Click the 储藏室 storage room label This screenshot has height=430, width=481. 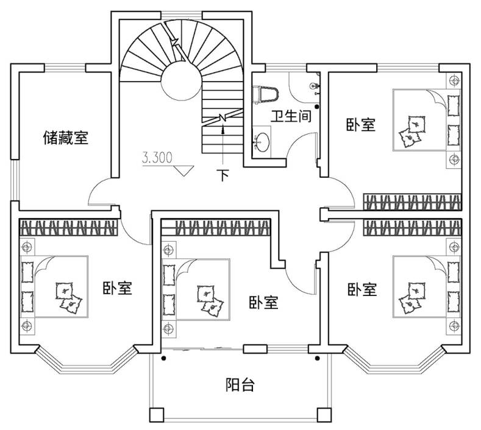click(x=65, y=138)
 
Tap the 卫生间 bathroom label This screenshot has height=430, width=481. click(x=291, y=116)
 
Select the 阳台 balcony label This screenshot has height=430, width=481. click(x=240, y=385)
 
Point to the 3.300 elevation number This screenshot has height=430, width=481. click(x=157, y=158)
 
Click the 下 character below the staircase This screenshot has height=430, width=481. click(x=224, y=176)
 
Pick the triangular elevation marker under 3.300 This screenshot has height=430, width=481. click(x=182, y=169)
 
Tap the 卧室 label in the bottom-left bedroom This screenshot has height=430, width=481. click(x=117, y=287)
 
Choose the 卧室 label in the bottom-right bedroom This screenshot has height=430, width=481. click(x=362, y=289)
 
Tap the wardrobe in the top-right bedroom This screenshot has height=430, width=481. click(x=412, y=201)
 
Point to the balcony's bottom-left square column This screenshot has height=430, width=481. click(x=157, y=415)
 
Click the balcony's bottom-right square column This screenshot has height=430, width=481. click(x=322, y=415)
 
